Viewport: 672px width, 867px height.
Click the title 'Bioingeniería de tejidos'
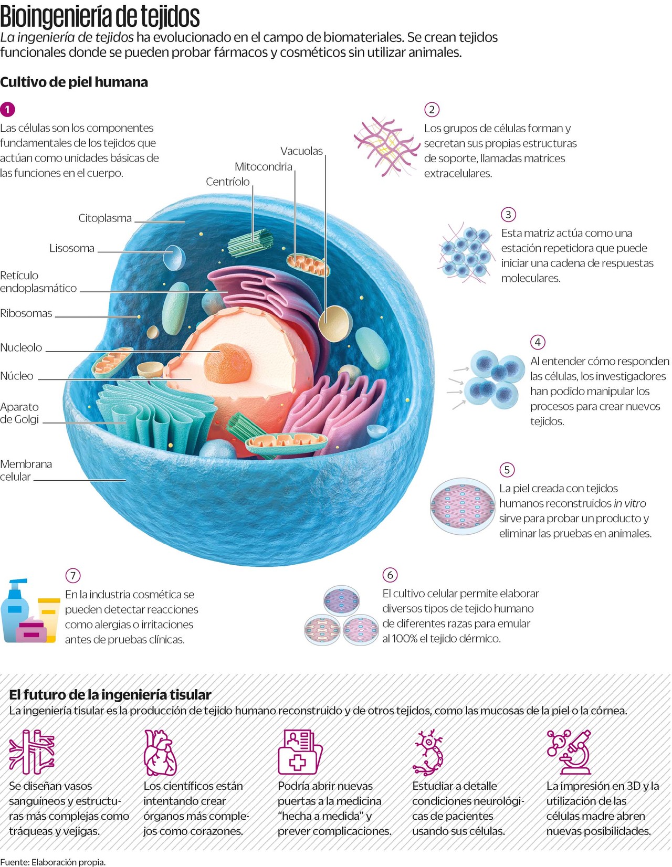pos(100,17)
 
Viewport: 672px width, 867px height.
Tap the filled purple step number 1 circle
pos(7,109)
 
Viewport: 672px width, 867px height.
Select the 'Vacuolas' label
pos(301,151)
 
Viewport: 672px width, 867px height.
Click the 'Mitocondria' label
pos(263,167)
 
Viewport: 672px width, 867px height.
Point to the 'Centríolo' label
pos(228,182)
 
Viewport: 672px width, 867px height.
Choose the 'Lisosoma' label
pos(72,248)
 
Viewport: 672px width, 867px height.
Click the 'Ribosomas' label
pos(26,313)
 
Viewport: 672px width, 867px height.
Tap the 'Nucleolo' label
pos(21,347)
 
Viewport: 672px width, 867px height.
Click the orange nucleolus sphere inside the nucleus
pos(227,362)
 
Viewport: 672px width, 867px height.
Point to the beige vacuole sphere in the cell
pos(335,322)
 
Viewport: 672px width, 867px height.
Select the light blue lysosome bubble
pos(174,257)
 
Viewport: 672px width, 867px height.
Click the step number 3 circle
pos(508,214)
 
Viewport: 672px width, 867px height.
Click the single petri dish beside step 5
pos(462,506)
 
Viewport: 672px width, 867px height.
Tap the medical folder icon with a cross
pos(299,752)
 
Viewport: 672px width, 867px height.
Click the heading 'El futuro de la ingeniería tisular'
pos(110,695)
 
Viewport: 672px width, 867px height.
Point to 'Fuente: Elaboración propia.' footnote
pos(52,862)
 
